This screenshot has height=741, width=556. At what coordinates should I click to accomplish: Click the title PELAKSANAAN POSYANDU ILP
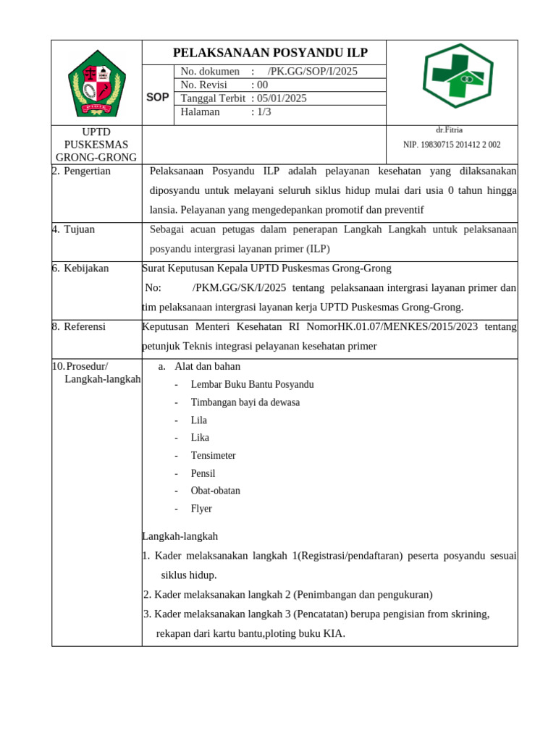tap(270, 53)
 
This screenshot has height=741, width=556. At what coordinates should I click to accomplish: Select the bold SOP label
tap(158, 97)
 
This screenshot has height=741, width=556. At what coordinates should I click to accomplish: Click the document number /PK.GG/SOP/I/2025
tap(312, 72)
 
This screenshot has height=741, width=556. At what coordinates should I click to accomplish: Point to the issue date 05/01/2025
tap(283, 98)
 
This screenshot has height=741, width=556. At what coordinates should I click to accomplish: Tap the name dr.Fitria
tap(449, 130)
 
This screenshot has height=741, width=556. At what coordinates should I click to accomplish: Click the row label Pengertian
tap(87, 172)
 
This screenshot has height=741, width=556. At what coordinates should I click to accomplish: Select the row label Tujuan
tap(79, 229)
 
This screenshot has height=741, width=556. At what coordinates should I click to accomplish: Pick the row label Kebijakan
tap(86, 268)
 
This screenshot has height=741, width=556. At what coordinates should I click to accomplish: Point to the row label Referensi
tap(85, 327)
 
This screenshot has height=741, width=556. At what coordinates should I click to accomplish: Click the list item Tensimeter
tap(213, 456)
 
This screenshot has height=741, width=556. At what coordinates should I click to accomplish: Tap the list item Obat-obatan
tap(215, 491)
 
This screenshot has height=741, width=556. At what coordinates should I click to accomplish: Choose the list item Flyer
tap(201, 509)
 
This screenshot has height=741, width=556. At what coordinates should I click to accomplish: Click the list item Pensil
tap(203, 473)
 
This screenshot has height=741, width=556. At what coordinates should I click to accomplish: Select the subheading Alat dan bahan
tap(207, 367)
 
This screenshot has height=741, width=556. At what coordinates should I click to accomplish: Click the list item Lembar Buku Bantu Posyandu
tap(252, 385)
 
